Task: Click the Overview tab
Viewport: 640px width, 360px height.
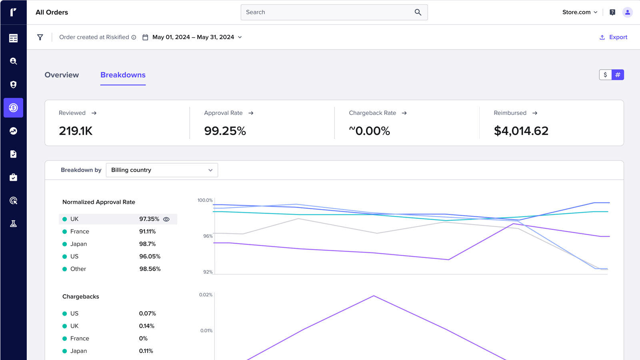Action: [62, 75]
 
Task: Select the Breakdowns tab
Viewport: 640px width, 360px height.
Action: [123, 75]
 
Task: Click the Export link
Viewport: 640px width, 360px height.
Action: [614, 37]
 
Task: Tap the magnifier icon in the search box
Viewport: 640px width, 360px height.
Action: [418, 12]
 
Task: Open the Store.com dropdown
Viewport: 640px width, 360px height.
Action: [580, 12]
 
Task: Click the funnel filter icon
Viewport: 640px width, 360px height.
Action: [40, 37]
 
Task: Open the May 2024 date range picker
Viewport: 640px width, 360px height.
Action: [193, 37]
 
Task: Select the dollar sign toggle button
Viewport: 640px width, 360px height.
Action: [605, 75]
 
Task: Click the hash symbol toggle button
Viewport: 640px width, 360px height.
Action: [618, 75]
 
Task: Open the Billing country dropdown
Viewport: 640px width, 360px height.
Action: [162, 170]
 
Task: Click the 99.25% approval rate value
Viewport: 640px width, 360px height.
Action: [225, 131]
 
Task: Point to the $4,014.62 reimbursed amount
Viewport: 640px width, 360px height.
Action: [521, 131]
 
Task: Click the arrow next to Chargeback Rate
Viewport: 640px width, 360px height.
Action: [404, 113]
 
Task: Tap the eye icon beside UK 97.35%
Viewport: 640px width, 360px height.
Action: [166, 219]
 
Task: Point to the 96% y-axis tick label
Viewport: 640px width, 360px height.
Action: [208, 236]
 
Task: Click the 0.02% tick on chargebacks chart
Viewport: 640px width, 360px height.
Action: [206, 295]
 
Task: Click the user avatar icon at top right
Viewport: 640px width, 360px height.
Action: [627, 12]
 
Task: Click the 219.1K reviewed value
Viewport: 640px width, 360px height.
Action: [76, 131]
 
